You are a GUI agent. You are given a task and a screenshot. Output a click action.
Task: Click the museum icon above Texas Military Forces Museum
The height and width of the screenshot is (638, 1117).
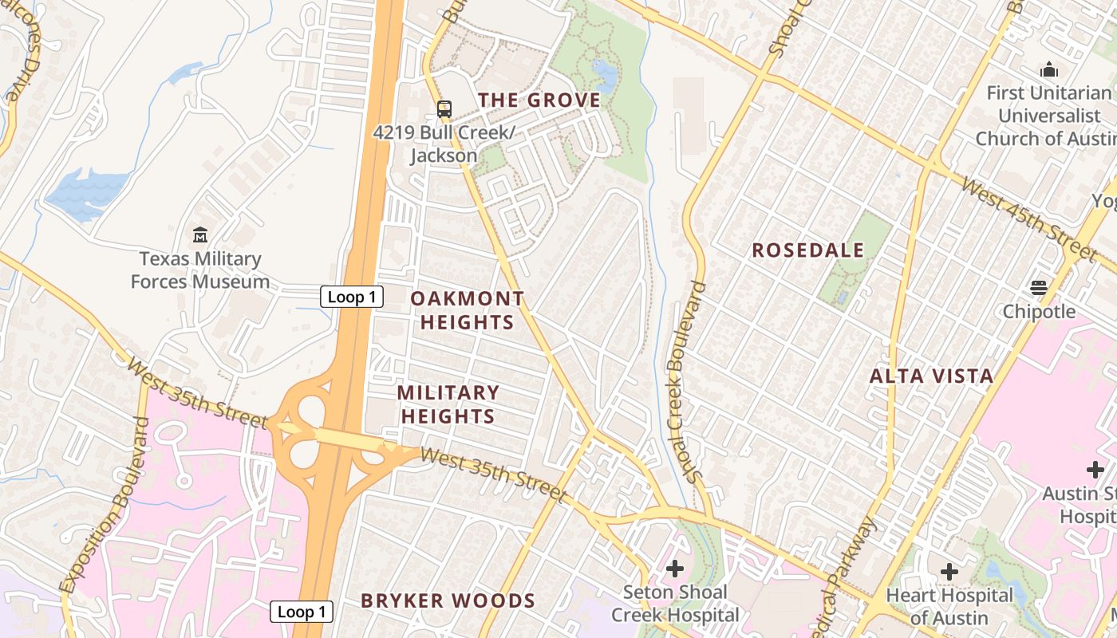[x=199, y=235]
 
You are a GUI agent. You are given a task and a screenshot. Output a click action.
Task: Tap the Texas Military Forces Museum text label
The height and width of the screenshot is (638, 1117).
[x=200, y=270]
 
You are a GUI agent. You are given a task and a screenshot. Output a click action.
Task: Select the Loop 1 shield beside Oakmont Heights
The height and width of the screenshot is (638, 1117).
[x=352, y=297]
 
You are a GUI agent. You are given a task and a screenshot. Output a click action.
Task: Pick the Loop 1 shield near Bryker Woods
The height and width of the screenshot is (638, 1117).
[x=301, y=612]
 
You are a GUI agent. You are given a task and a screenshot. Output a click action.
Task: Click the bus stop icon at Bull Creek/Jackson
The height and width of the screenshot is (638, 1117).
[x=444, y=109]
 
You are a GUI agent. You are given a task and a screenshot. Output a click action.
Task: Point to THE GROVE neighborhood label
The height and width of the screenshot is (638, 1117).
[x=539, y=100]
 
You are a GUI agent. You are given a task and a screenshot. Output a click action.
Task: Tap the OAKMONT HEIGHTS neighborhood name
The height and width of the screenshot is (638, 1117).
[x=468, y=310]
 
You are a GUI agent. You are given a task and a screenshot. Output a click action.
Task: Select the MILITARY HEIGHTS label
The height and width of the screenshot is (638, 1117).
[x=448, y=404]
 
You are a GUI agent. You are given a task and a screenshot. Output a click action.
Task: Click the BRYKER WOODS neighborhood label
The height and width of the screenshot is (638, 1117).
[x=448, y=601]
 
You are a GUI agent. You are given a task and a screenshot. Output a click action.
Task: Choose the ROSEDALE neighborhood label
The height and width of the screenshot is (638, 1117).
[x=807, y=250]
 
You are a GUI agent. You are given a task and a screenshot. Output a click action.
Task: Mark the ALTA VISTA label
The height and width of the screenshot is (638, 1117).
[x=931, y=376]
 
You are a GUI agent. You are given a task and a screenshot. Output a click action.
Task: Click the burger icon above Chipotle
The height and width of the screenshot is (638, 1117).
[x=1039, y=288]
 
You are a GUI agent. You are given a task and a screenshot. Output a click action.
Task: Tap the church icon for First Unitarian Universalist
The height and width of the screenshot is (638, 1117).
[x=1048, y=70]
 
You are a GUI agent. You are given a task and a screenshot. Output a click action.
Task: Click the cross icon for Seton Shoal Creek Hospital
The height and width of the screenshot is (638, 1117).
[x=675, y=569]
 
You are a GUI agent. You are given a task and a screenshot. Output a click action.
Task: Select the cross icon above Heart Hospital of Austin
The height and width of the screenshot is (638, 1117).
[x=949, y=571]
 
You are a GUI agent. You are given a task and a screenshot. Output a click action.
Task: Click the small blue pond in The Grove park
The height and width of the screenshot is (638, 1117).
[x=606, y=77]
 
